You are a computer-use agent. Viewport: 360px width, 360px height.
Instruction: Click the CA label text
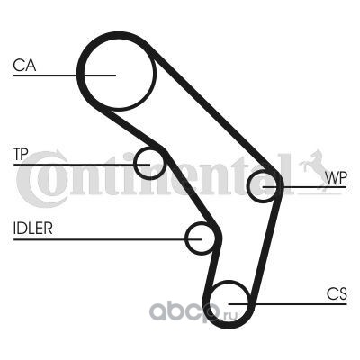point(24,66)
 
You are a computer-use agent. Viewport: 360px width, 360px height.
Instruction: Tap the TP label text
point(21,155)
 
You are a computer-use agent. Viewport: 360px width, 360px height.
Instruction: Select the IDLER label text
point(33,229)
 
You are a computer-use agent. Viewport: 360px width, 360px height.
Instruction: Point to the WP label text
point(336,178)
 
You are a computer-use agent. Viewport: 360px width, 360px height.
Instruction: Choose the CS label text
point(337,293)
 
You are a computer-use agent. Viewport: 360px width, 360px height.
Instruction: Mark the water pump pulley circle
point(248,186)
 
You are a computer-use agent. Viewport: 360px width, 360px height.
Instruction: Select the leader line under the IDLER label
point(107,239)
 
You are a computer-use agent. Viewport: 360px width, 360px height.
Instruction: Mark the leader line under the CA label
point(65,76)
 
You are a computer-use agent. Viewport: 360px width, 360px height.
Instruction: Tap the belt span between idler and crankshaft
point(212,264)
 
